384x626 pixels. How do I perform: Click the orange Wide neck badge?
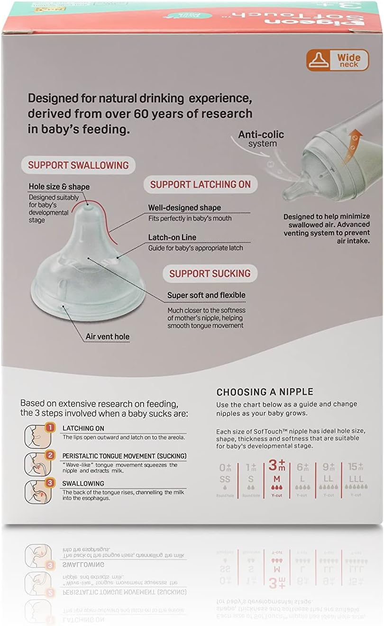[337, 60]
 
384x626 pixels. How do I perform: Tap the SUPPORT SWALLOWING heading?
[78, 165]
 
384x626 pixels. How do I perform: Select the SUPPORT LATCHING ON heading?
[200, 184]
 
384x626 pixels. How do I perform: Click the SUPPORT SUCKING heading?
[210, 273]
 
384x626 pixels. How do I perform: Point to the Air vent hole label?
[107, 337]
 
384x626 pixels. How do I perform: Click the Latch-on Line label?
[172, 237]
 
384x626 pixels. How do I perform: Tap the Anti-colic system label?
[261, 138]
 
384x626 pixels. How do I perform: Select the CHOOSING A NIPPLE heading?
[265, 392]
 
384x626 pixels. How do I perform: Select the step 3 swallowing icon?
[37, 490]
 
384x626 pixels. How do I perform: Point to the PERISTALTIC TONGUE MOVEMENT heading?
[124, 456]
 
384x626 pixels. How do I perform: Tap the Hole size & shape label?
[59, 187]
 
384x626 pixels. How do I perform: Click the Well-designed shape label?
[184, 208]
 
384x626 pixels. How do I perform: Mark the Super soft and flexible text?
[206, 295]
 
